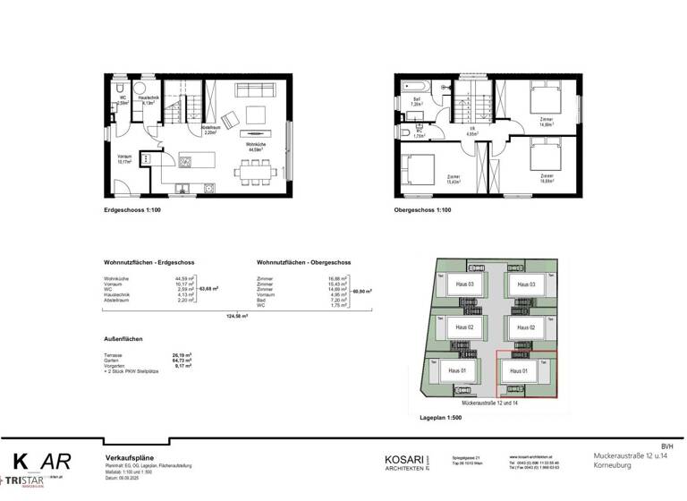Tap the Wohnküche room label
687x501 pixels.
(x=255, y=147)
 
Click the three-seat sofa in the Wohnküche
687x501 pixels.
(x=254, y=91)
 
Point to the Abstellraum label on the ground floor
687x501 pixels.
(x=211, y=130)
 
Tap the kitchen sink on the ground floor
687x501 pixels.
(x=186, y=161)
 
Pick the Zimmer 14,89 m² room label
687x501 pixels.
(x=546, y=123)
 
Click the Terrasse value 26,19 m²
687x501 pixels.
(x=182, y=354)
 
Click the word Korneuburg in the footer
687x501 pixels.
(x=615, y=467)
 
